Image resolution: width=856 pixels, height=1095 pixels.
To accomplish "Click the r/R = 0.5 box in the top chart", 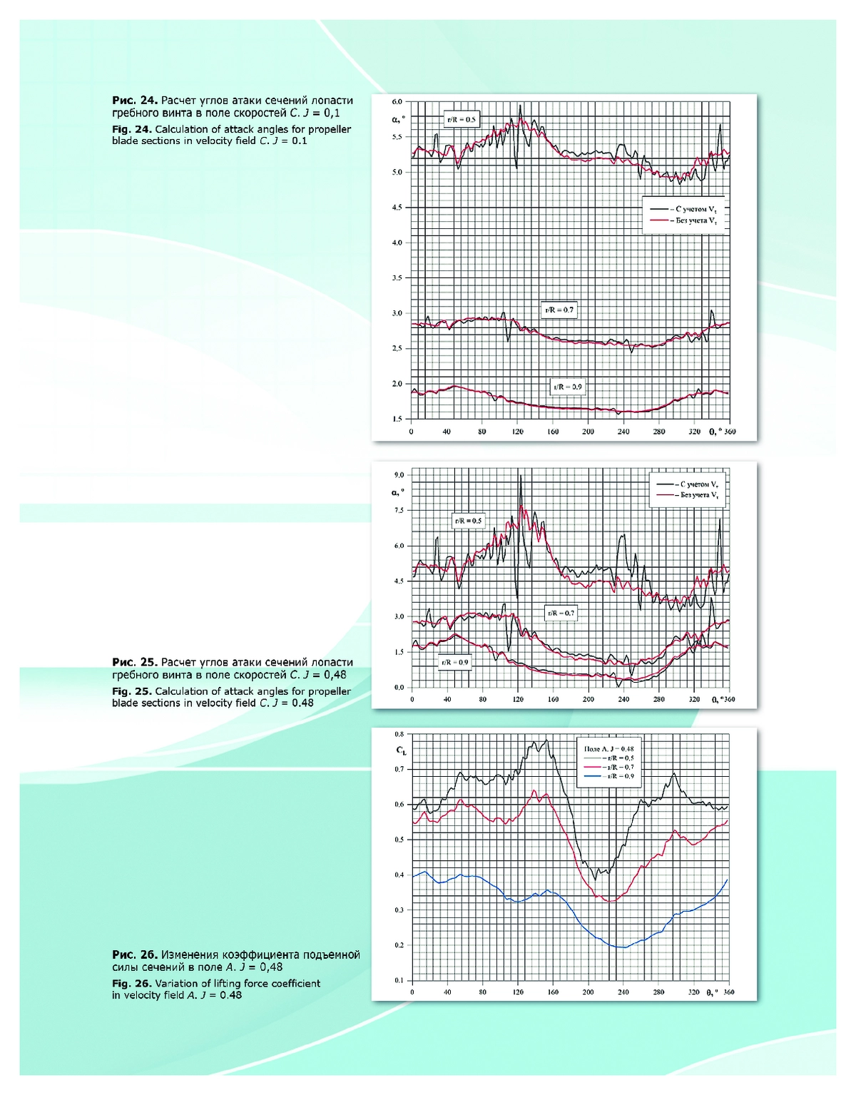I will click(461, 119).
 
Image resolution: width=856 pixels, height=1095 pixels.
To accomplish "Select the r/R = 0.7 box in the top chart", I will click(559, 310).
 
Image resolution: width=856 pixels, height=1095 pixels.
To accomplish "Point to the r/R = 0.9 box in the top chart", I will click(567, 387).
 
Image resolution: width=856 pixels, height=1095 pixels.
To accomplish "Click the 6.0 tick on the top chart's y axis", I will click(397, 102).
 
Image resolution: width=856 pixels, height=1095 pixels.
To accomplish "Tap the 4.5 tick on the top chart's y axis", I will click(397, 208).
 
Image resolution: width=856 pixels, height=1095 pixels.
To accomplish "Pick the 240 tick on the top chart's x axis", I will click(623, 432).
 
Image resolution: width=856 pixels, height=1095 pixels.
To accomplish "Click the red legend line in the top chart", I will click(658, 220).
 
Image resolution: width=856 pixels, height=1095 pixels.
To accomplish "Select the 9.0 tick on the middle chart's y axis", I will click(399, 475).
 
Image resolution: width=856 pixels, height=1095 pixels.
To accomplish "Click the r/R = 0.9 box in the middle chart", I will click(454, 662).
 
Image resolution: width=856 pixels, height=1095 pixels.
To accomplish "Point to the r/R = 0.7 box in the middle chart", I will click(560, 613).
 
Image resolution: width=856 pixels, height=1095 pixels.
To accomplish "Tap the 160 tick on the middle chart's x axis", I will click(553, 699).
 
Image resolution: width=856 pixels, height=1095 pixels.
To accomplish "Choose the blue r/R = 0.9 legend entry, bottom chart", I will click(608, 775).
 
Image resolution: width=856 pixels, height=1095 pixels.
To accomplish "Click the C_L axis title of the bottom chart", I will click(402, 750).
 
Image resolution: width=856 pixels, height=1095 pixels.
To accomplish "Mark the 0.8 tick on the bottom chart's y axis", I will click(399, 734).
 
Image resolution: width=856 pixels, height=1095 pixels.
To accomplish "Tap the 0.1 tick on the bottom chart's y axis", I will click(399, 980).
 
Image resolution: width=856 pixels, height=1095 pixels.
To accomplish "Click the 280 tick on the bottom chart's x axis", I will click(658, 992).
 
